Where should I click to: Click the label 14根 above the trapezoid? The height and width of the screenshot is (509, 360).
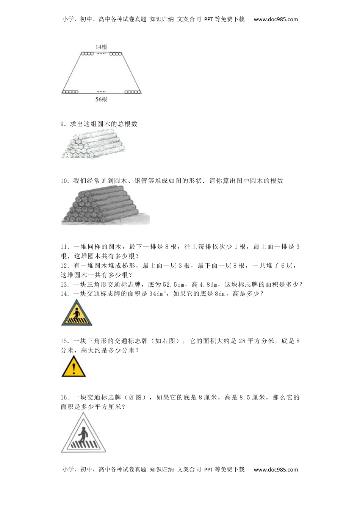101,47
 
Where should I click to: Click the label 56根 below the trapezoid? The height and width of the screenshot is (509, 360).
101,99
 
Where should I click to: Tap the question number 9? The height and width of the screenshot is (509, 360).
63,124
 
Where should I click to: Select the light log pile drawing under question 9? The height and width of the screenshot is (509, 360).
93,144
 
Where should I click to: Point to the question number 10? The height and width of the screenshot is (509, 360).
64,181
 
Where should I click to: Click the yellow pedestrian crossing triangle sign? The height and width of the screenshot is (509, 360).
77,314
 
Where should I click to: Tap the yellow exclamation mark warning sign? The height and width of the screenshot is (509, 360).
74,367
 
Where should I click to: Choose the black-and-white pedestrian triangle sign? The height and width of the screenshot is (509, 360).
83,434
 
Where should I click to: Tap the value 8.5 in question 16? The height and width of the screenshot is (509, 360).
245,397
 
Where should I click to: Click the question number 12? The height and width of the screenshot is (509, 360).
64,265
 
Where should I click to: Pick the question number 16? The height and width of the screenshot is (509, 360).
64,397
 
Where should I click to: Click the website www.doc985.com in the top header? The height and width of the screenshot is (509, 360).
276,19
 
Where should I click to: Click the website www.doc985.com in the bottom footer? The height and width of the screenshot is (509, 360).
276,470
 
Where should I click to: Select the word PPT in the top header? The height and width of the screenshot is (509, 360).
208,19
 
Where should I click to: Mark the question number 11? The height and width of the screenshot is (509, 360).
64,247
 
